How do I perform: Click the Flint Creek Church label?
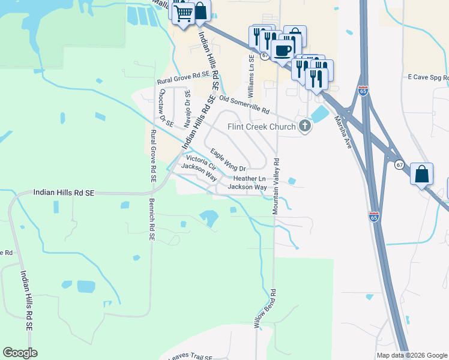point(261,127)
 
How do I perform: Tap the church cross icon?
point(305,126)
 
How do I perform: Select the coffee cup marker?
point(282,50)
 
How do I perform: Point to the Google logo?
point(20,353)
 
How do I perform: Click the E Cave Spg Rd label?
point(427,77)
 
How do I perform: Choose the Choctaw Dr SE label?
point(166,109)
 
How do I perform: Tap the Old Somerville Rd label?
point(244,104)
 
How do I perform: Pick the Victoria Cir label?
point(200,161)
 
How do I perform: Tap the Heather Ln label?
point(249,179)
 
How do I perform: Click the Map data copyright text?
point(411,355)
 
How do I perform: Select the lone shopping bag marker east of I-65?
point(423,175)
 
